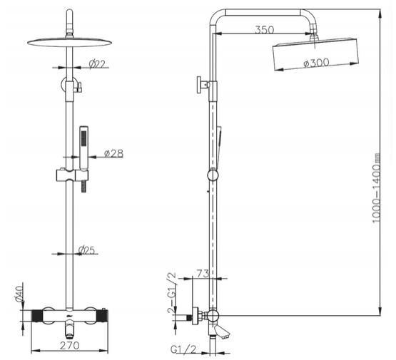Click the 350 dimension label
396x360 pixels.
(x=264, y=30)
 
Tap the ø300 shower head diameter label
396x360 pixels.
(x=316, y=63)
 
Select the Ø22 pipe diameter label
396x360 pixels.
(x=97, y=64)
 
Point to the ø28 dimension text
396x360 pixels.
(x=113, y=153)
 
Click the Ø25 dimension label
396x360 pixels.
(x=86, y=250)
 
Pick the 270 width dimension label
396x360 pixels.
(x=70, y=346)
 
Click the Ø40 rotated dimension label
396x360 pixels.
(x=19, y=293)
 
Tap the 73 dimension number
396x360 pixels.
(x=203, y=274)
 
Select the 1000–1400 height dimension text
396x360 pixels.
(x=376, y=188)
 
